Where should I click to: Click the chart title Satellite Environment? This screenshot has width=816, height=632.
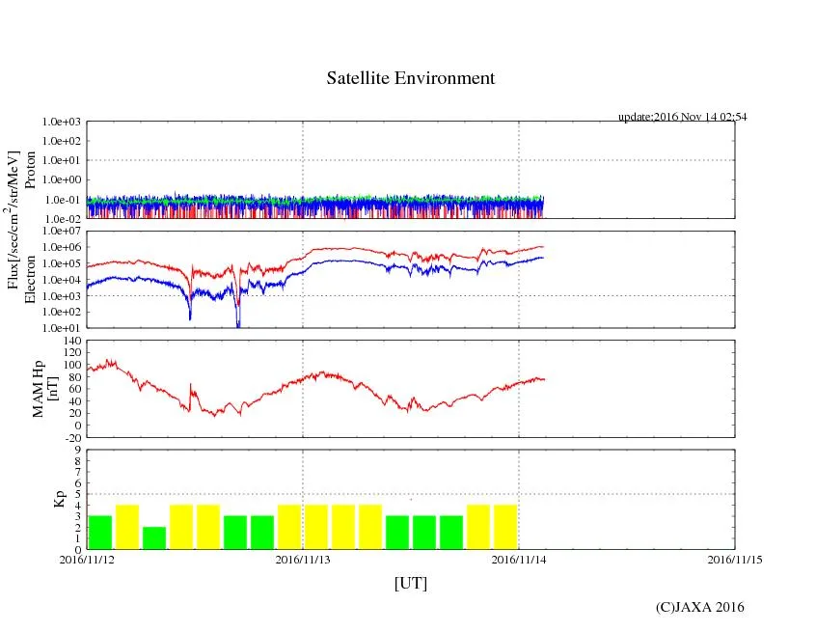click(410, 78)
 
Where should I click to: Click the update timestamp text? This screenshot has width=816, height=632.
click(682, 117)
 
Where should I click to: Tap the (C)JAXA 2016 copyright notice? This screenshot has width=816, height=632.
click(699, 607)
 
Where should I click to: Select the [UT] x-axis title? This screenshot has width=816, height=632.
click(410, 583)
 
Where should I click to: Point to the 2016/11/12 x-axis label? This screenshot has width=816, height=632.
click(87, 559)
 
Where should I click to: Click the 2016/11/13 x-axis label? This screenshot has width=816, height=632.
click(303, 559)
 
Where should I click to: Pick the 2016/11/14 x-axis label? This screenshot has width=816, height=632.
click(519, 559)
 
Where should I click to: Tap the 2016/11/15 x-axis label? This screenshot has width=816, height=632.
click(735, 559)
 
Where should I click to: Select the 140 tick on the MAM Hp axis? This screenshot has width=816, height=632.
click(71, 341)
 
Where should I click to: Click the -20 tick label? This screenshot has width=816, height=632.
click(71, 437)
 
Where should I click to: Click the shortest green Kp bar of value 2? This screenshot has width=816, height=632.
click(154, 537)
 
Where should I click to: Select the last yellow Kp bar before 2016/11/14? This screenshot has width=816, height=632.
click(505, 527)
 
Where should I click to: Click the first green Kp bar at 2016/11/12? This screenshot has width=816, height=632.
click(100, 533)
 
